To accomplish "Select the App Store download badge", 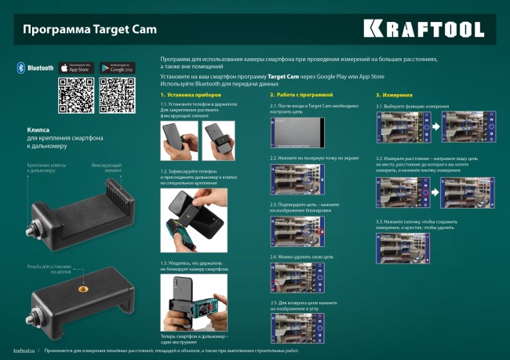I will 76,68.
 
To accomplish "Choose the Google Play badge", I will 118,68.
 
